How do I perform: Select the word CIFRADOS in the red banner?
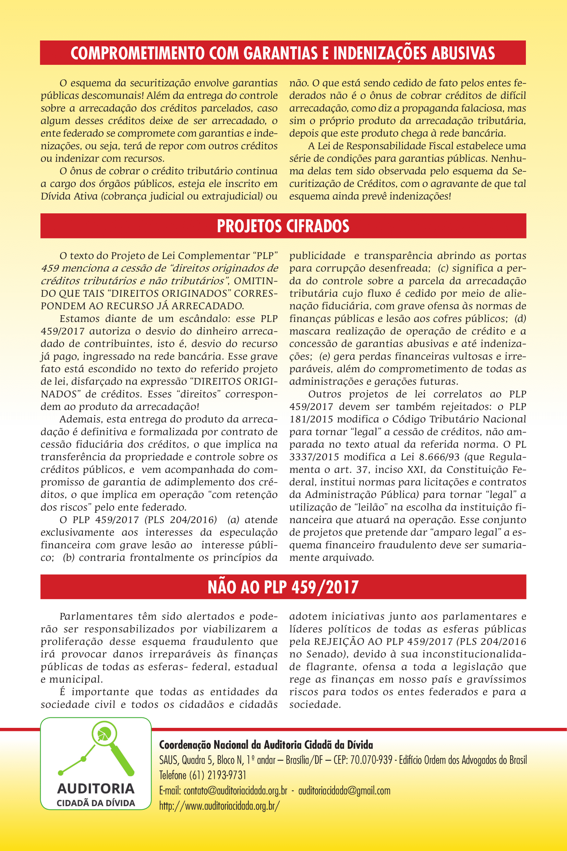click(x=318, y=226)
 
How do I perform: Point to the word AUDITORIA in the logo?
click(x=96, y=789)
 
